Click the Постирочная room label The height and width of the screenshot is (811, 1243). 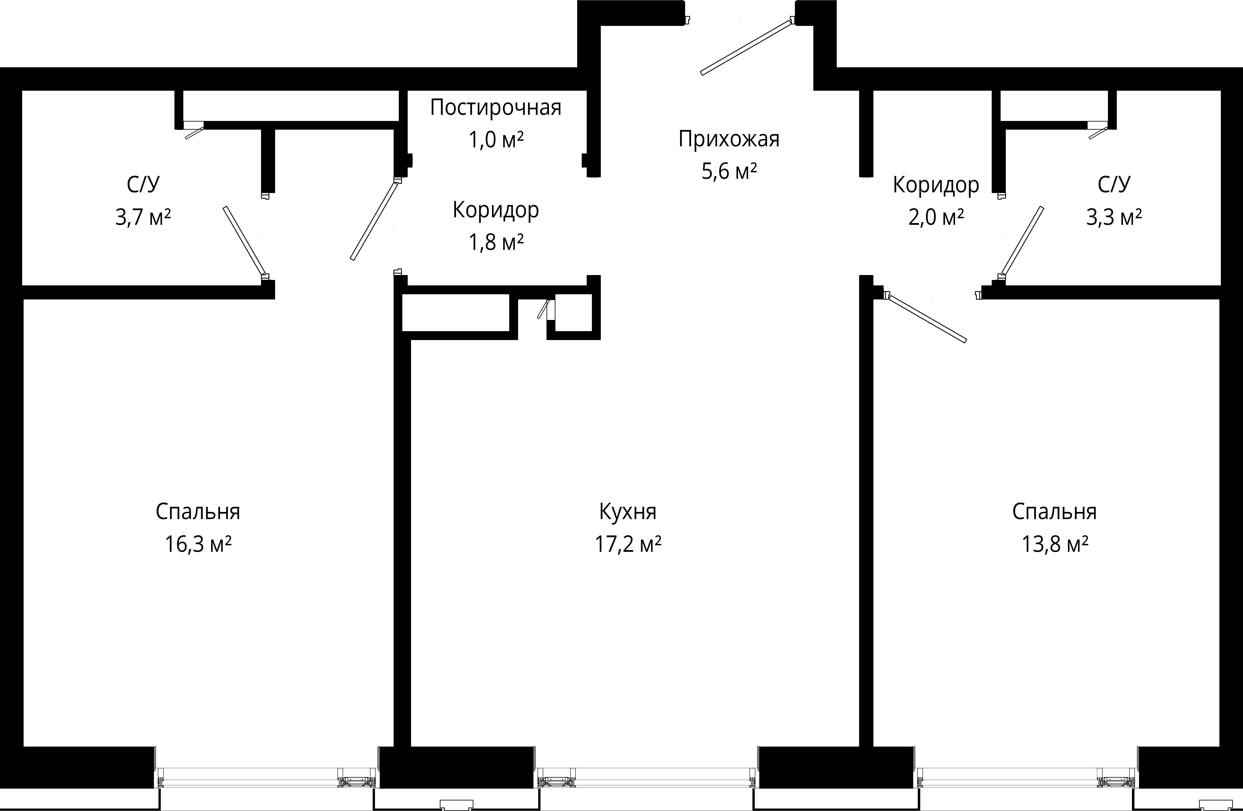(496, 107)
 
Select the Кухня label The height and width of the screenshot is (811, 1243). (628, 512)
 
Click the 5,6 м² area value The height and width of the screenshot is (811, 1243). (729, 171)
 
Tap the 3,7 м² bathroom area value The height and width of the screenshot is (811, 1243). (143, 217)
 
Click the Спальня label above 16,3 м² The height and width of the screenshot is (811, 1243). (198, 512)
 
